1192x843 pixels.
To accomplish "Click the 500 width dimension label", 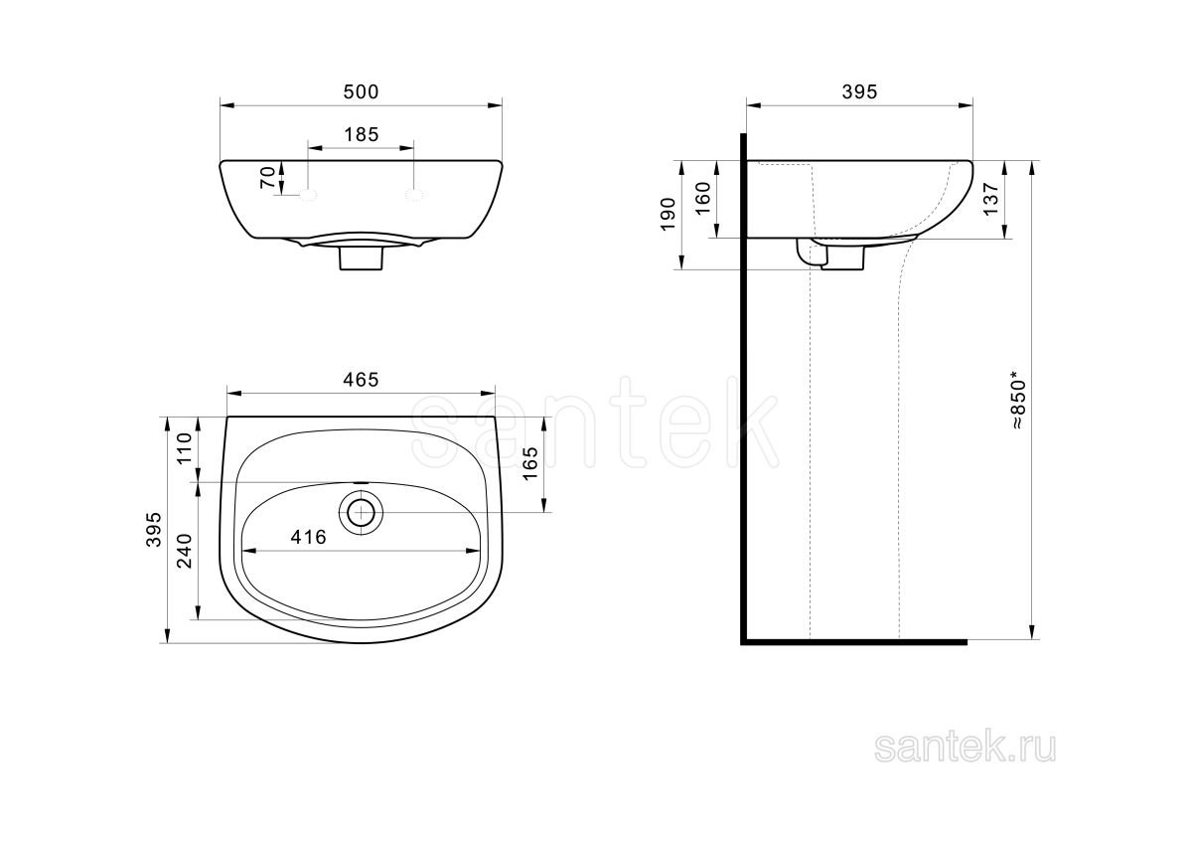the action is click(x=361, y=92).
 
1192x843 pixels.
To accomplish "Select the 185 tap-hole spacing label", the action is click(x=362, y=135).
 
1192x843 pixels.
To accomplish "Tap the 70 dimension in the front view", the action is click(x=267, y=177).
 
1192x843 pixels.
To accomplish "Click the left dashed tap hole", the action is click(x=308, y=195).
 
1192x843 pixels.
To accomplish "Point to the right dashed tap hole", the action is click(x=414, y=195).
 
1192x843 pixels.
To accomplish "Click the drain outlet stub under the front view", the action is click(x=362, y=258).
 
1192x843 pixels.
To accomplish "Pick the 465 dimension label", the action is click(x=361, y=380).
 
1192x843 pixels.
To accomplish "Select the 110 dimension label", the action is click(x=184, y=448).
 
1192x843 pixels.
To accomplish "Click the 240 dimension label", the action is click(x=184, y=551).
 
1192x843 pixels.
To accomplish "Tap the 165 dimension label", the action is click(x=530, y=464).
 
